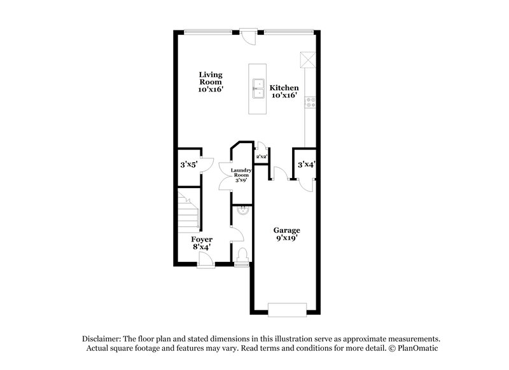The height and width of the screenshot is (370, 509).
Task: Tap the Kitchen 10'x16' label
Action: tap(283, 92)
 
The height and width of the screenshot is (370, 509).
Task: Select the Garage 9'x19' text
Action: tap(286, 234)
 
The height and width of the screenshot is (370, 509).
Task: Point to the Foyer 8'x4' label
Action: tap(202, 243)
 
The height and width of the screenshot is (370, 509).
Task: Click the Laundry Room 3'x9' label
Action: tap(241, 175)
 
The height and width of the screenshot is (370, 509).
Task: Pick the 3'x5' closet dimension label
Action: tap(187, 165)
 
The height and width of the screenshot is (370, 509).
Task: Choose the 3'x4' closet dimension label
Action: tap(307, 165)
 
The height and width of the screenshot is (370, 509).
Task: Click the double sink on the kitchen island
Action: tap(259, 89)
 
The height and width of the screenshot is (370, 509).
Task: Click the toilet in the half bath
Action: tap(242, 255)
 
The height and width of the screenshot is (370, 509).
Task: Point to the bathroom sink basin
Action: tap(242, 210)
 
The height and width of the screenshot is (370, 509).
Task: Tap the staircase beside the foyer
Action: tap(188, 214)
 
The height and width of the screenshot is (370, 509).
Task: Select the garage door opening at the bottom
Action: tap(287, 310)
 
